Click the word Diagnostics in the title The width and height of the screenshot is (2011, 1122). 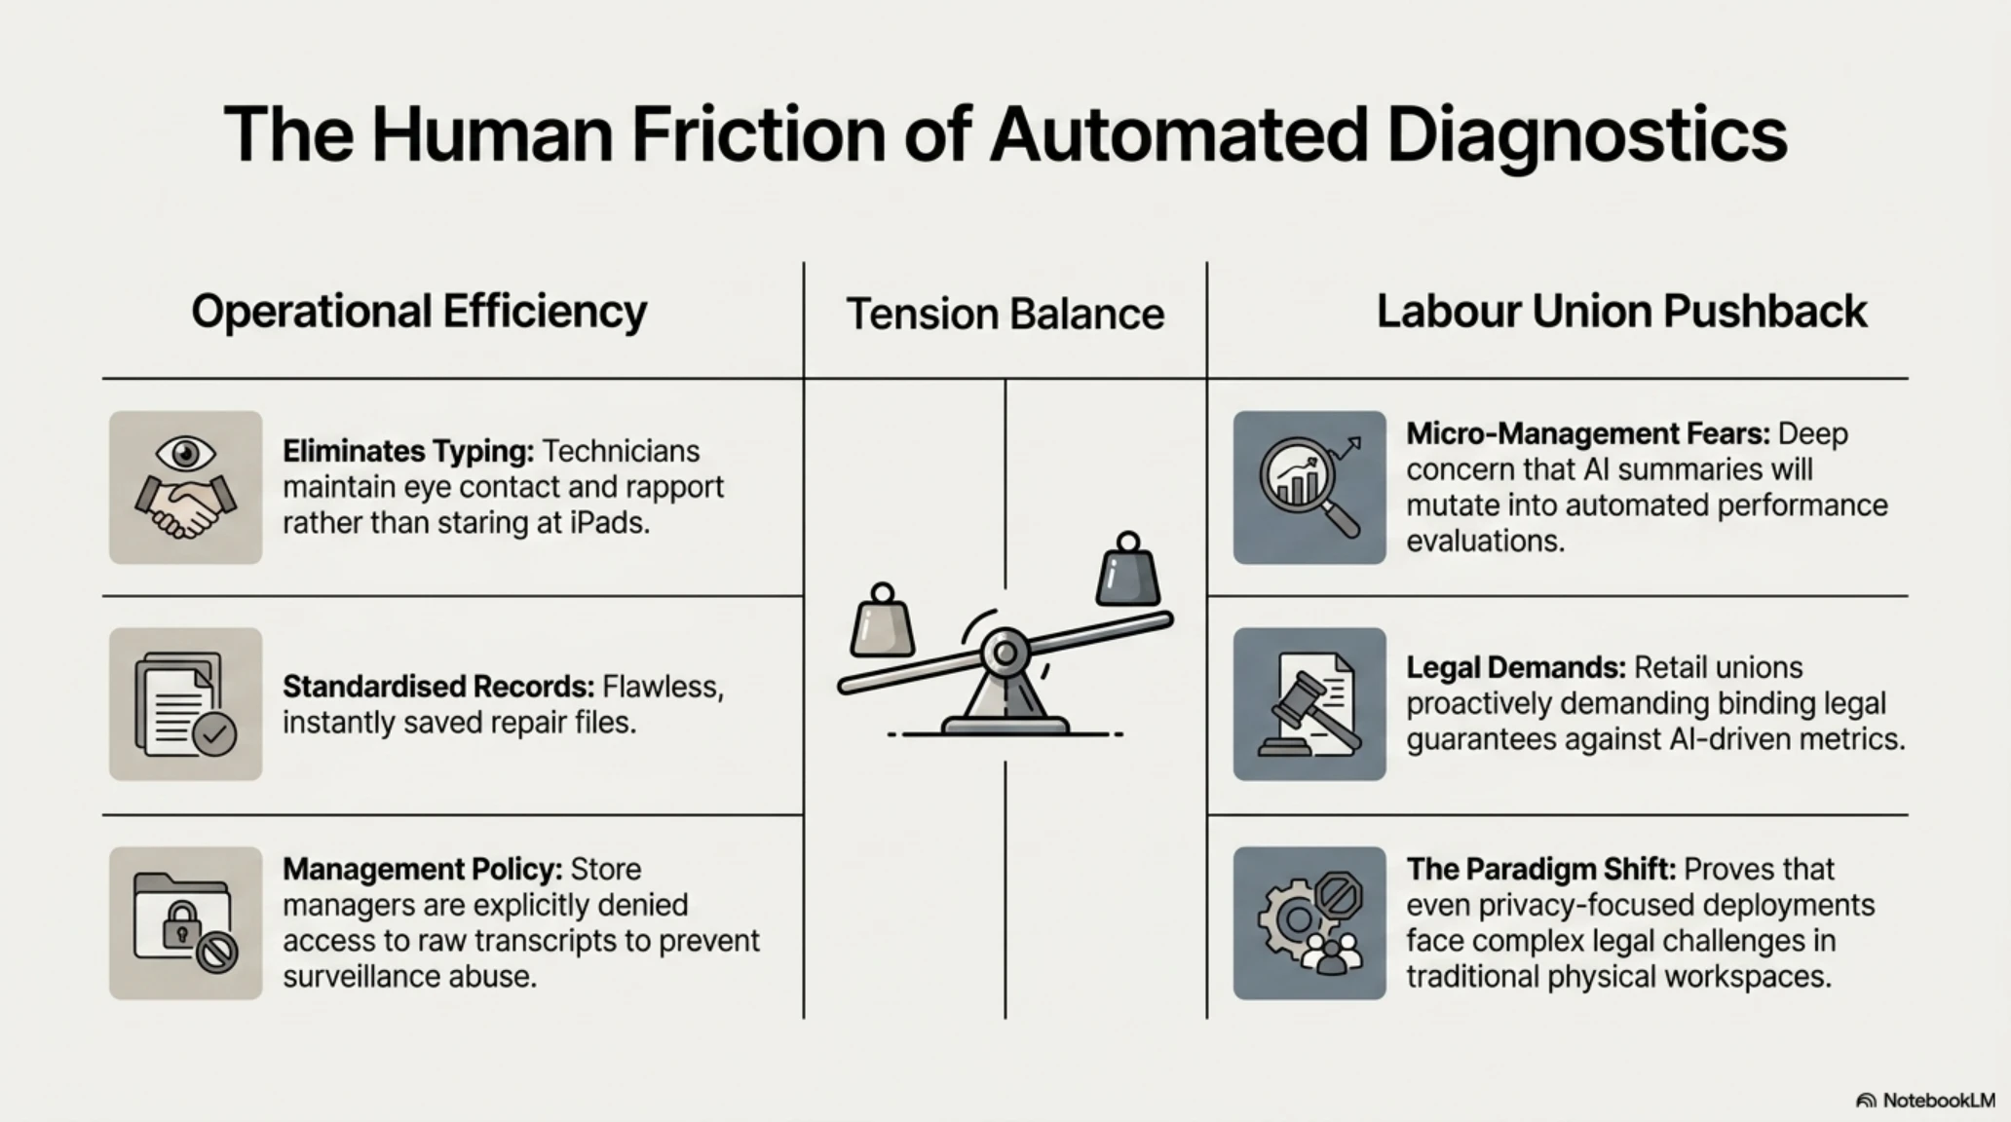click(x=1587, y=136)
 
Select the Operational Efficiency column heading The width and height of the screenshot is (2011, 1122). click(x=419, y=313)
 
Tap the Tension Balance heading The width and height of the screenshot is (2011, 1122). click(x=1005, y=314)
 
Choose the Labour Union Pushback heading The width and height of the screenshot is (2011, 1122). click(x=1621, y=311)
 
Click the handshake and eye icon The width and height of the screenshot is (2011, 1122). click(x=185, y=487)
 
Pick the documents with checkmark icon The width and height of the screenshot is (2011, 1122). click(x=185, y=703)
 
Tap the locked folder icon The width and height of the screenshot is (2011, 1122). click(x=185, y=922)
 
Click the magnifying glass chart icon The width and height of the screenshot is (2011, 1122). click(x=1309, y=487)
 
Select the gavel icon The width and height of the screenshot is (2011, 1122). click(x=1309, y=703)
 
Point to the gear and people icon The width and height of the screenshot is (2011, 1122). click(x=1309, y=922)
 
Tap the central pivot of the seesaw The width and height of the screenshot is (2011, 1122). click(x=1005, y=652)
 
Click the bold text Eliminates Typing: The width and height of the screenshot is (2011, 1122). click(x=408, y=451)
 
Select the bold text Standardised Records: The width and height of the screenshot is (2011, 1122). click(x=438, y=687)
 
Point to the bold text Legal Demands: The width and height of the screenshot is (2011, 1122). click(x=1516, y=667)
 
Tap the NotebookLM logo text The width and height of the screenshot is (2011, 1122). click(x=1939, y=1100)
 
